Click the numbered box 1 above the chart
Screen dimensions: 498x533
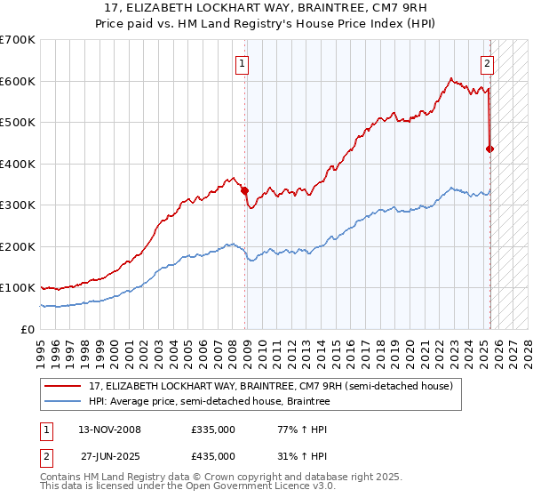[242, 63]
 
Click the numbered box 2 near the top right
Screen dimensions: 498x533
[488, 63]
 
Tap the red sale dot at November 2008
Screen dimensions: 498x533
[245, 189]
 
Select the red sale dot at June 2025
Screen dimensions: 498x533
[489, 149]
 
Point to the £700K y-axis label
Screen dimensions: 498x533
[17, 40]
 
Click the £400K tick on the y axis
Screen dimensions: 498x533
[17, 164]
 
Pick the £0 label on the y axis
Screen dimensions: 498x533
[27, 329]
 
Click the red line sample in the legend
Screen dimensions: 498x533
[62, 386]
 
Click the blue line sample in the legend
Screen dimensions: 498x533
[62, 402]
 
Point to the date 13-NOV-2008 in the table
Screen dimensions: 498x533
[109, 430]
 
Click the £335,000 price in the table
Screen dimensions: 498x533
[212, 430]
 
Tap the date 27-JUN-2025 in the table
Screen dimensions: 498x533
[109, 456]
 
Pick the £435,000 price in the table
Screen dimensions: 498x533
[212, 456]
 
